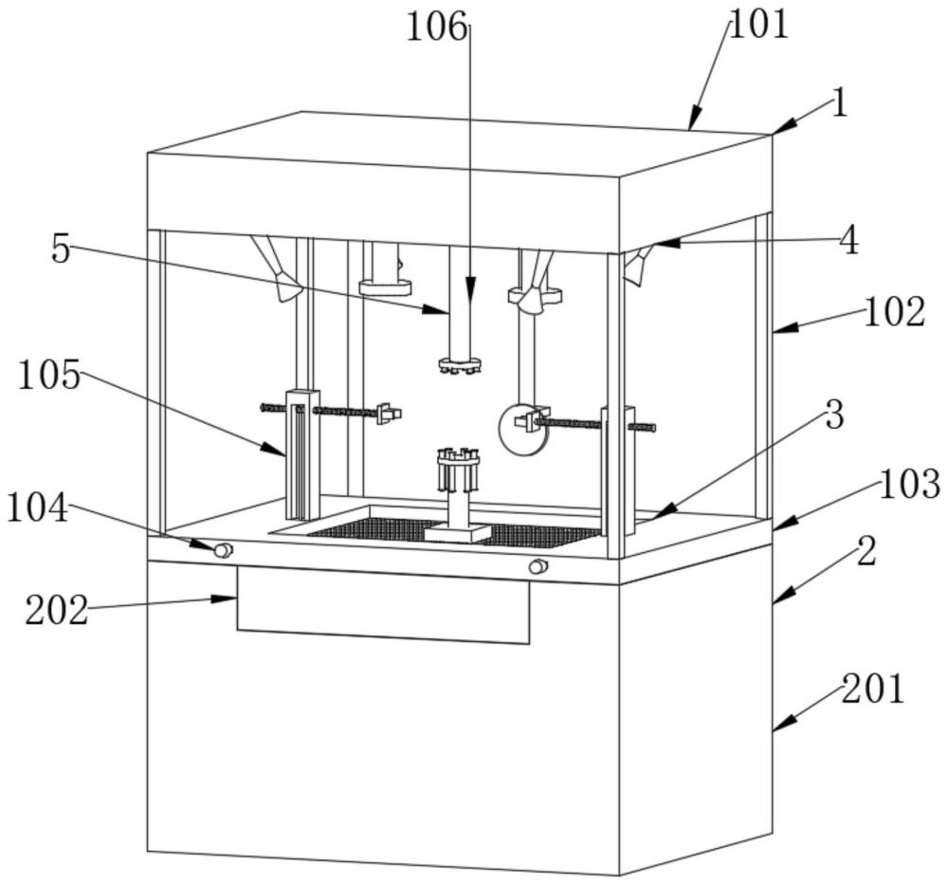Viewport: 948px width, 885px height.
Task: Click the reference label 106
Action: tap(436, 28)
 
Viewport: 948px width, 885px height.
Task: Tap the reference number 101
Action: tap(759, 25)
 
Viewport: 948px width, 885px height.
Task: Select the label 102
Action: tap(894, 312)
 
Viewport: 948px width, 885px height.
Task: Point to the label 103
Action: tap(910, 485)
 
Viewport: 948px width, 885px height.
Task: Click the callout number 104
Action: tap(38, 507)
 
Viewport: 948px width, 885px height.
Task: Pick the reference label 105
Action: tap(49, 375)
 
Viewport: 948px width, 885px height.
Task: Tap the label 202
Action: tap(57, 610)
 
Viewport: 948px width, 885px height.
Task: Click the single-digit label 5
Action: tap(61, 249)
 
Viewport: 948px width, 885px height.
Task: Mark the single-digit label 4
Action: tap(849, 241)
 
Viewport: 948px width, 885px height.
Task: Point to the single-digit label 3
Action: tap(834, 415)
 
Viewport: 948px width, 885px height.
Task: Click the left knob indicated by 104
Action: tap(224, 550)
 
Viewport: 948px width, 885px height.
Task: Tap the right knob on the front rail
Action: tap(538, 566)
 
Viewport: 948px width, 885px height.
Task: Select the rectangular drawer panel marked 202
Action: tap(383, 605)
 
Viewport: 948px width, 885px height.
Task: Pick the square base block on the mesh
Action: tap(457, 533)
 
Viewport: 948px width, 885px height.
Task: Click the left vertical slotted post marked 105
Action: tap(302, 454)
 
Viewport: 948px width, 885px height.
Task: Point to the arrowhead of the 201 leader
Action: tap(782, 724)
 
